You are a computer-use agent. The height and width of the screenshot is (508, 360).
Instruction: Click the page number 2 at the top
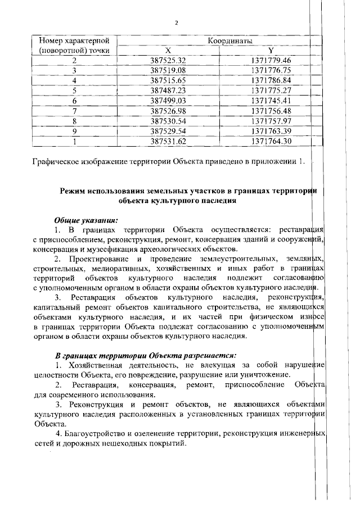click(177, 23)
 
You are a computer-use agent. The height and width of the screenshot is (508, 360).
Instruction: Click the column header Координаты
click(229, 41)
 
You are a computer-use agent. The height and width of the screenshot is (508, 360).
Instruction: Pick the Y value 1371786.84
click(272, 80)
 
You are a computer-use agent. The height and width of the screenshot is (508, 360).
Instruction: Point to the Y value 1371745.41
click(272, 101)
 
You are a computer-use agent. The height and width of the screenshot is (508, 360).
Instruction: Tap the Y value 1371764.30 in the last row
click(272, 141)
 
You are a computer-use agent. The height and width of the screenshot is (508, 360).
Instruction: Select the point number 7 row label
click(74, 111)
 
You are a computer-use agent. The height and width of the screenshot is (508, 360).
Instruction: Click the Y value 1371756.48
click(272, 111)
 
